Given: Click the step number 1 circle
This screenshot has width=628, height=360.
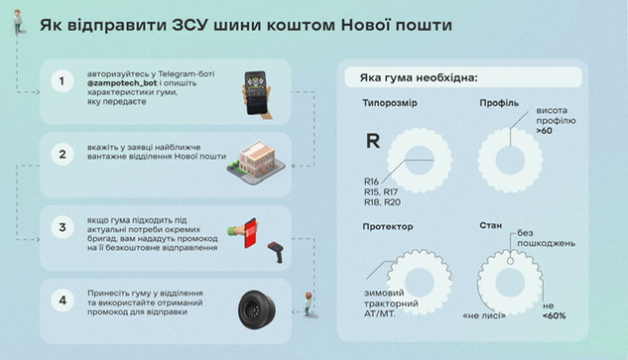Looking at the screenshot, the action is click(x=62, y=81).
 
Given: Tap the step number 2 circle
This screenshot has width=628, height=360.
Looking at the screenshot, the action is click(x=62, y=154).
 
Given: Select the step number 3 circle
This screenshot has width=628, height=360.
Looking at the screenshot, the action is click(x=62, y=227).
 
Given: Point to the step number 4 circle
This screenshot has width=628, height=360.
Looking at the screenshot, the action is click(x=62, y=301).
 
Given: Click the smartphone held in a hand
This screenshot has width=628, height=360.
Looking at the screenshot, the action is click(x=256, y=94).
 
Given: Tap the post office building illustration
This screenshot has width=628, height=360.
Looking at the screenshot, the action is click(x=256, y=162).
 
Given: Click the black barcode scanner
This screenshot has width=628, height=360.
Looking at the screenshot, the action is click(x=276, y=251).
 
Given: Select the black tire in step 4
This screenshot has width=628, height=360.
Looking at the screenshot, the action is click(x=257, y=310).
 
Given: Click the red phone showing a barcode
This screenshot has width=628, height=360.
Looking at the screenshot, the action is click(x=250, y=233).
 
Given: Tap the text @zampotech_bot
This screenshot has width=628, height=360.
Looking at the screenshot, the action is click(x=123, y=83).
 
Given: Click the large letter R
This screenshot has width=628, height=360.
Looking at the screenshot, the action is click(x=373, y=141).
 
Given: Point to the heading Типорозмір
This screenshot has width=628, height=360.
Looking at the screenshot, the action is click(x=390, y=103).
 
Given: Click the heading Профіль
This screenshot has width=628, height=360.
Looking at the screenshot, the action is click(x=499, y=103).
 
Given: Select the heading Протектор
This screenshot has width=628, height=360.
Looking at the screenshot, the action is click(x=388, y=226).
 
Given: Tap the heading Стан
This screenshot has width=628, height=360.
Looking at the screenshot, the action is click(x=491, y=225).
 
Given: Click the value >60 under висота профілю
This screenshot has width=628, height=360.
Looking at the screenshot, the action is click(x=544, y=131).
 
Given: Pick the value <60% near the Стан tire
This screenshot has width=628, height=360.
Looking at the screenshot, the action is click(x=554, y=315).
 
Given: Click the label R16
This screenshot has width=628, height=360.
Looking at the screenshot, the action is click(x=371, y=181).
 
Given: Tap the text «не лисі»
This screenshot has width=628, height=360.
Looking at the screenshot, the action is click(x=484, y=315).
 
